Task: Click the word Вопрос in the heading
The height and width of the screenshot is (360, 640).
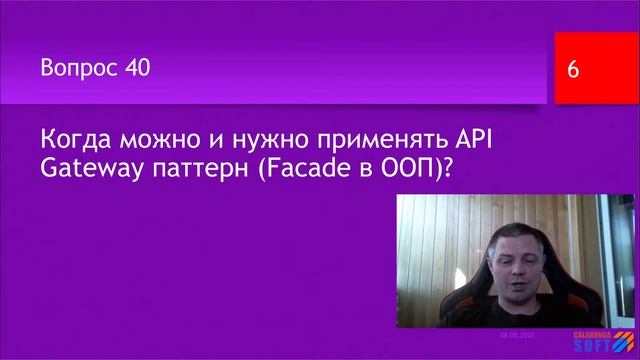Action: [x=80, y=69]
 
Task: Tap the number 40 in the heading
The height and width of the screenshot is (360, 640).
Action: [x=138, y=69]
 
